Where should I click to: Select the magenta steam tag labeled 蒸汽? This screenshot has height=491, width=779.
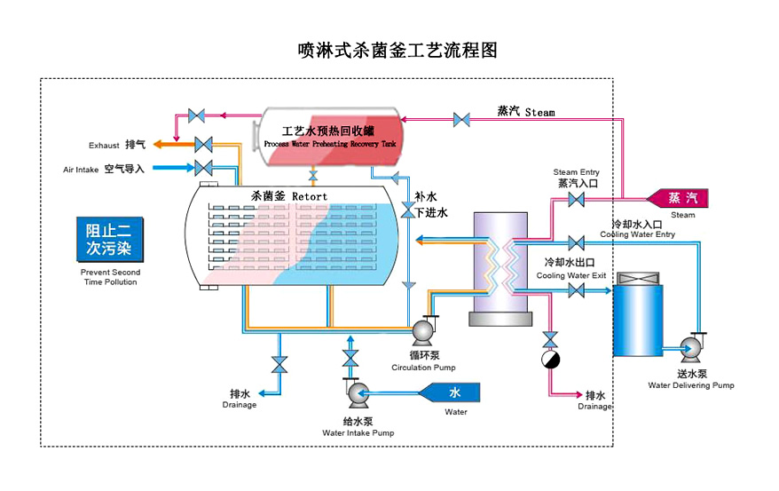(681, 197)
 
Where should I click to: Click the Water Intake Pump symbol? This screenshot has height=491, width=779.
(358, 392)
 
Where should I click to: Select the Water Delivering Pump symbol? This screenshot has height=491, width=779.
(692, 345)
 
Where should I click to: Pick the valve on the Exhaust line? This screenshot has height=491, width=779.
(203, 144)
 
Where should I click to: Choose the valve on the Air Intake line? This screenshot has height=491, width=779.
(203, 168)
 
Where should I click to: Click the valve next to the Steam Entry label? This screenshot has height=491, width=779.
(576, 200)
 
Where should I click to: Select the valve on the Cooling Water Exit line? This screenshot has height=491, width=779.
(576, 289)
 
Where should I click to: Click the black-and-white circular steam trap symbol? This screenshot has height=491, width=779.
(551, 360)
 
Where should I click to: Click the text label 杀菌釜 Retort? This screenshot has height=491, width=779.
(289, 196)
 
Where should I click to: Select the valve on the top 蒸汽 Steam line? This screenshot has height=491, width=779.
(461, 119)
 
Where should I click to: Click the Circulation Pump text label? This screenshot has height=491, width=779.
(424, 368)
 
